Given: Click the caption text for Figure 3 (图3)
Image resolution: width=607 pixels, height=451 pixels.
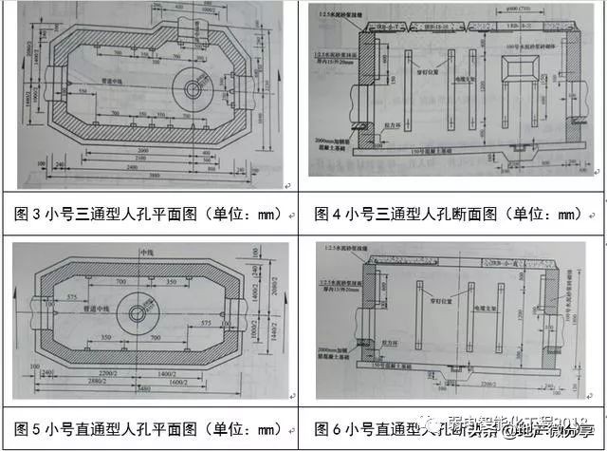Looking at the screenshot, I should [152, 216].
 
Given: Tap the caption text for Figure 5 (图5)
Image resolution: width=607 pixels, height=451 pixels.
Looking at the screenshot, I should [152, 423].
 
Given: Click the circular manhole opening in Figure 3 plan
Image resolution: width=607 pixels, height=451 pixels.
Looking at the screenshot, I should [193, 89].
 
